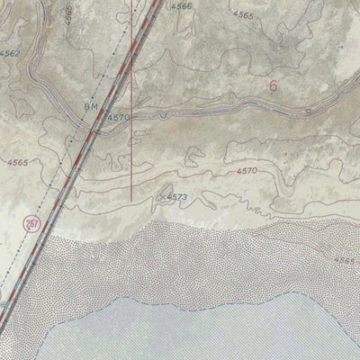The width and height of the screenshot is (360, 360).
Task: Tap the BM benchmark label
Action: click(x=91, y=106)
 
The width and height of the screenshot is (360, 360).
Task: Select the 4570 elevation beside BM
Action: click(x=118, y=118)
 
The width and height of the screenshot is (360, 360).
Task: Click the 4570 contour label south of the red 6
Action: click(x=247, y=170)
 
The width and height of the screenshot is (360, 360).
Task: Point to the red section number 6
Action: click(x=272, y=85)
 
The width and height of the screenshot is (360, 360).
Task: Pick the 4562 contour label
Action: click(x=10, y=55)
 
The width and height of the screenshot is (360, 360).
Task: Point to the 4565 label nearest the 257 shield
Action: click(x=14, y=163)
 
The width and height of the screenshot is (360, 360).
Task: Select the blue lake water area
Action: click(x=225, y=333)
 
